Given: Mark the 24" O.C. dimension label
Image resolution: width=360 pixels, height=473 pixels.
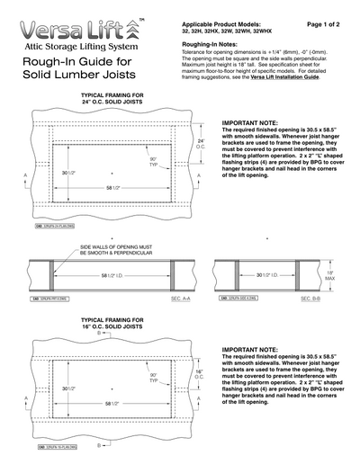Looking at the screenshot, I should tap(202, 145).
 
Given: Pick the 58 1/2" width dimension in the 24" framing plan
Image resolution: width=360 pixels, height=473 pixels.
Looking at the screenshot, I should tap(113, 188).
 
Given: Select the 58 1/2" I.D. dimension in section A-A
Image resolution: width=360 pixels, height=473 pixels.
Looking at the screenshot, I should tap(113, 275).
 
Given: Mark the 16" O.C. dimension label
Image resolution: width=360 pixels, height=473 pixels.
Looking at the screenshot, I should tap(202, 372).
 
